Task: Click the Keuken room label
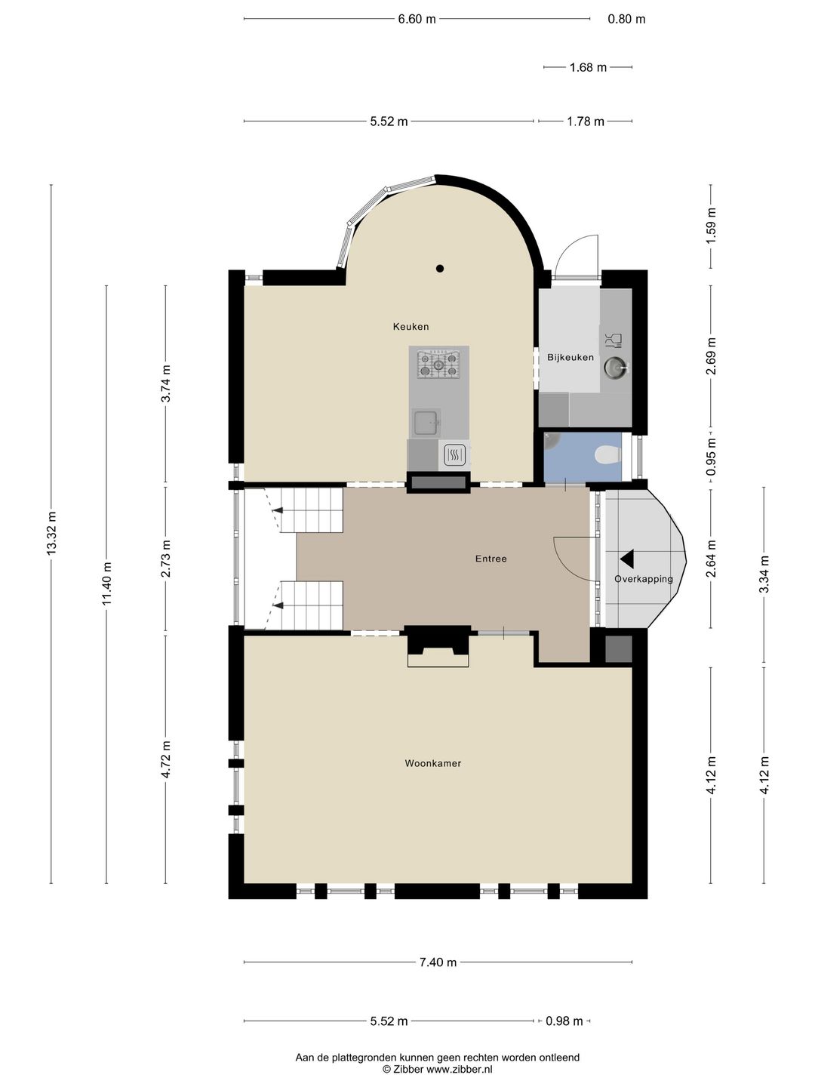(x=411, y=327)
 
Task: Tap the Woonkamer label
(x=433, y=763)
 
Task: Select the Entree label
(x=491, y=559)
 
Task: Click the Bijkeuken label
(x=570, y=357)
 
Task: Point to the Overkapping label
(x=644, y=578)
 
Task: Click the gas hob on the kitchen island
(x=438, y=365)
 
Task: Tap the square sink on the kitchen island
(x=426, y=423)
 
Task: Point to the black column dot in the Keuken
(x=440, y=269)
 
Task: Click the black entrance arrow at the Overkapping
(x=627, y=559)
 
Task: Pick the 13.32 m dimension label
(x=51, y=533)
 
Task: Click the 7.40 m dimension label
(x=438, y=962)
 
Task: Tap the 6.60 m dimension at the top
(x=417, y=20)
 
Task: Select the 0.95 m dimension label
(x=711, y=457)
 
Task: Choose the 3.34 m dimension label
(x=764, y=574)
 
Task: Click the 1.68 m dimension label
(x=588, y=67)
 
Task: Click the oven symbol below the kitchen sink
(x=454, y=454)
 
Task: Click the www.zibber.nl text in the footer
(x=460, y=1069)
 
